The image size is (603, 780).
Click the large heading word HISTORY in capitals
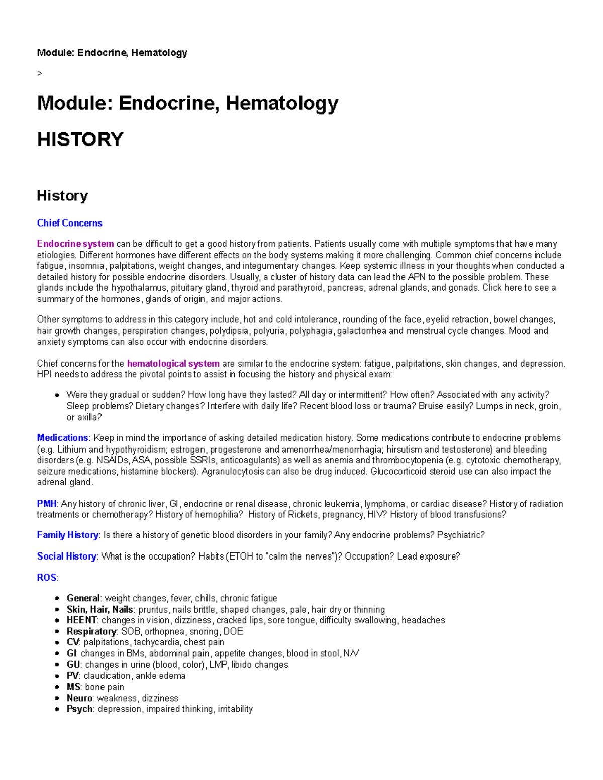(x=80, y=140)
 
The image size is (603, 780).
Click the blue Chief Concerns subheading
(x=69, y=223)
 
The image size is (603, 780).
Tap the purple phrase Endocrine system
(x=75, y=244)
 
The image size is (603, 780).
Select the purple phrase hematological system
(x=173, y=364)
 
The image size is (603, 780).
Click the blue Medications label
(x=62, y=438)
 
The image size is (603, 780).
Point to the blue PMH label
(x=46, y=504)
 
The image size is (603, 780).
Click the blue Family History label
(x=67, y=535)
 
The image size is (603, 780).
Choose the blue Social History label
(x=66, y=556)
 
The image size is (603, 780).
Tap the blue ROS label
(x=46, y=578)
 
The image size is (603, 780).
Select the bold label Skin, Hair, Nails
(x=99, y=610)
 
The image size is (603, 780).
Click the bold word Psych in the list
(x=79, y=709)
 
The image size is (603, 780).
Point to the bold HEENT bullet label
(x=81, y=621)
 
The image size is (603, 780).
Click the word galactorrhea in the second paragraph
(x=361, y=331)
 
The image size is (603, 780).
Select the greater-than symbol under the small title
(x=40, y=74)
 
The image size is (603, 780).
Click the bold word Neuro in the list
(x=79, y=698)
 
